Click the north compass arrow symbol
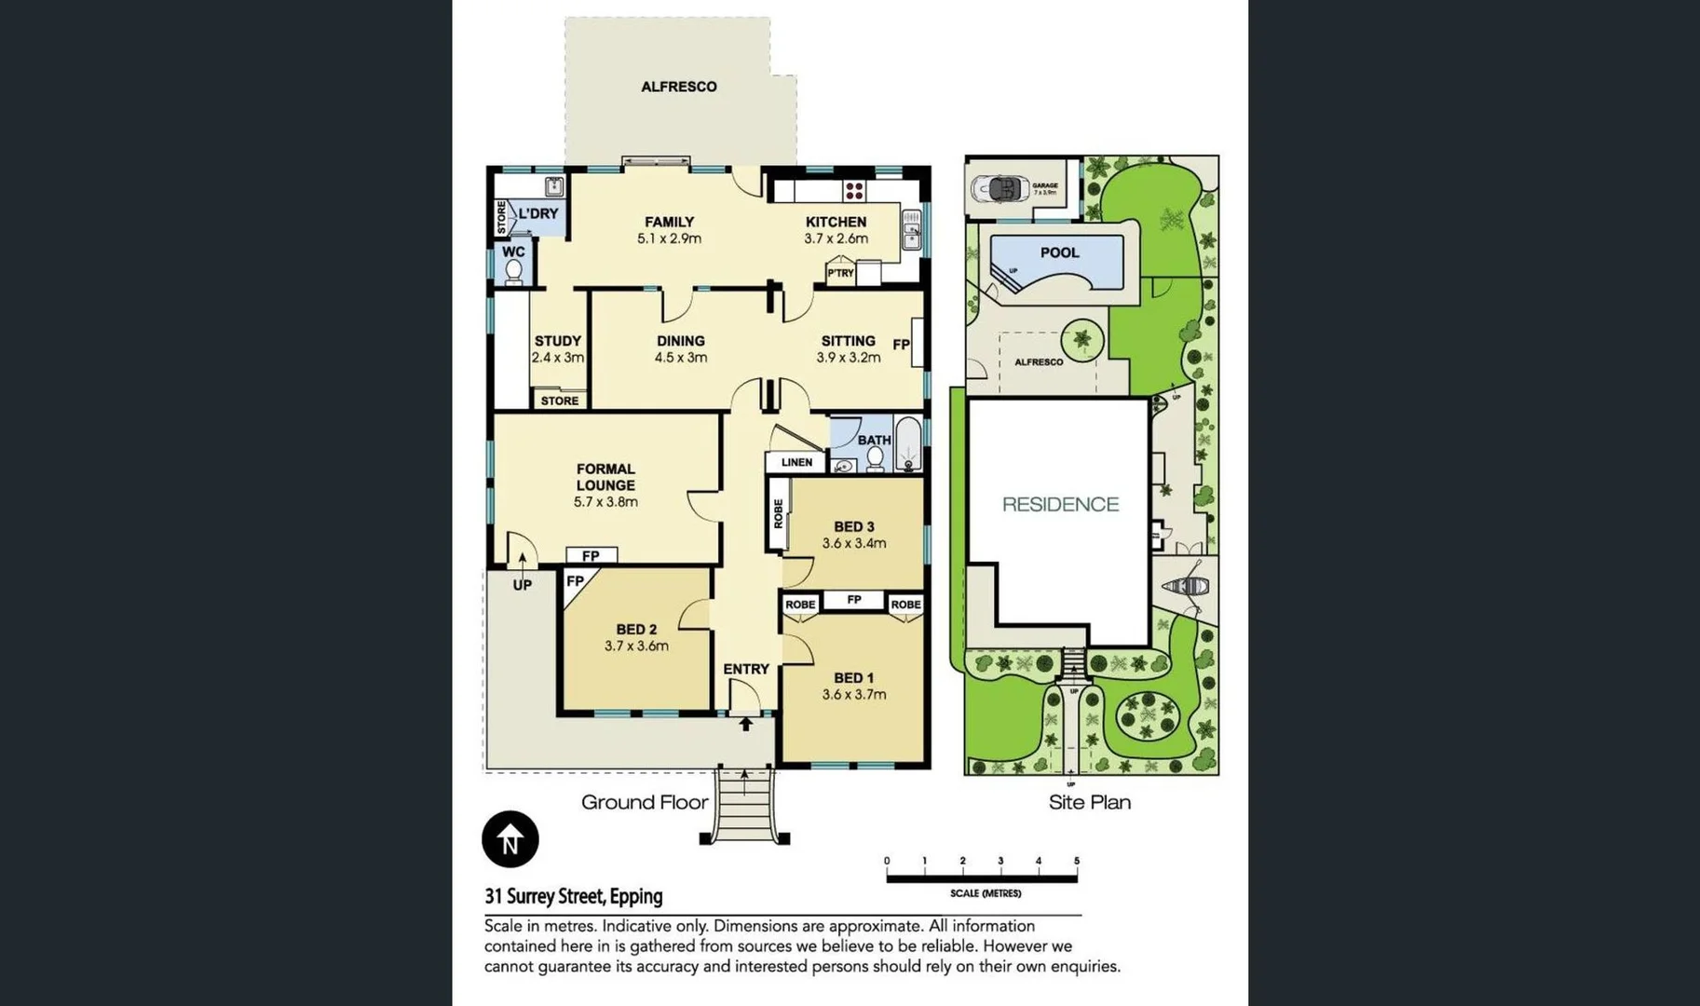[510, 838]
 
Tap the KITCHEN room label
[836, 222]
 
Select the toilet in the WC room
[513, 271]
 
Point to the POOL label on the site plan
[1059, 252]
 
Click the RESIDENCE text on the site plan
[1060, 504]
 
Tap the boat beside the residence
[1186, 587]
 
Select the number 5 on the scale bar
[1076, 861]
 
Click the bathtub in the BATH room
[908, 445]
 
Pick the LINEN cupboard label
[796, 462]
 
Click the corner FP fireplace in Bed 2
[575, 581]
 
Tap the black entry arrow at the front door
[745, 723]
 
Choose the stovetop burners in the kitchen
[854, 191]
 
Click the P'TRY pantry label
[840, 273]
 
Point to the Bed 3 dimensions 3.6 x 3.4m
[853, 543]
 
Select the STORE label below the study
[559, 401]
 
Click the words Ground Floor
[645, 802]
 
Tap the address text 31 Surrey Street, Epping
[573, 896]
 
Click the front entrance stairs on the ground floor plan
[744, 807]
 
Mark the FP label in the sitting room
[901, 345]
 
